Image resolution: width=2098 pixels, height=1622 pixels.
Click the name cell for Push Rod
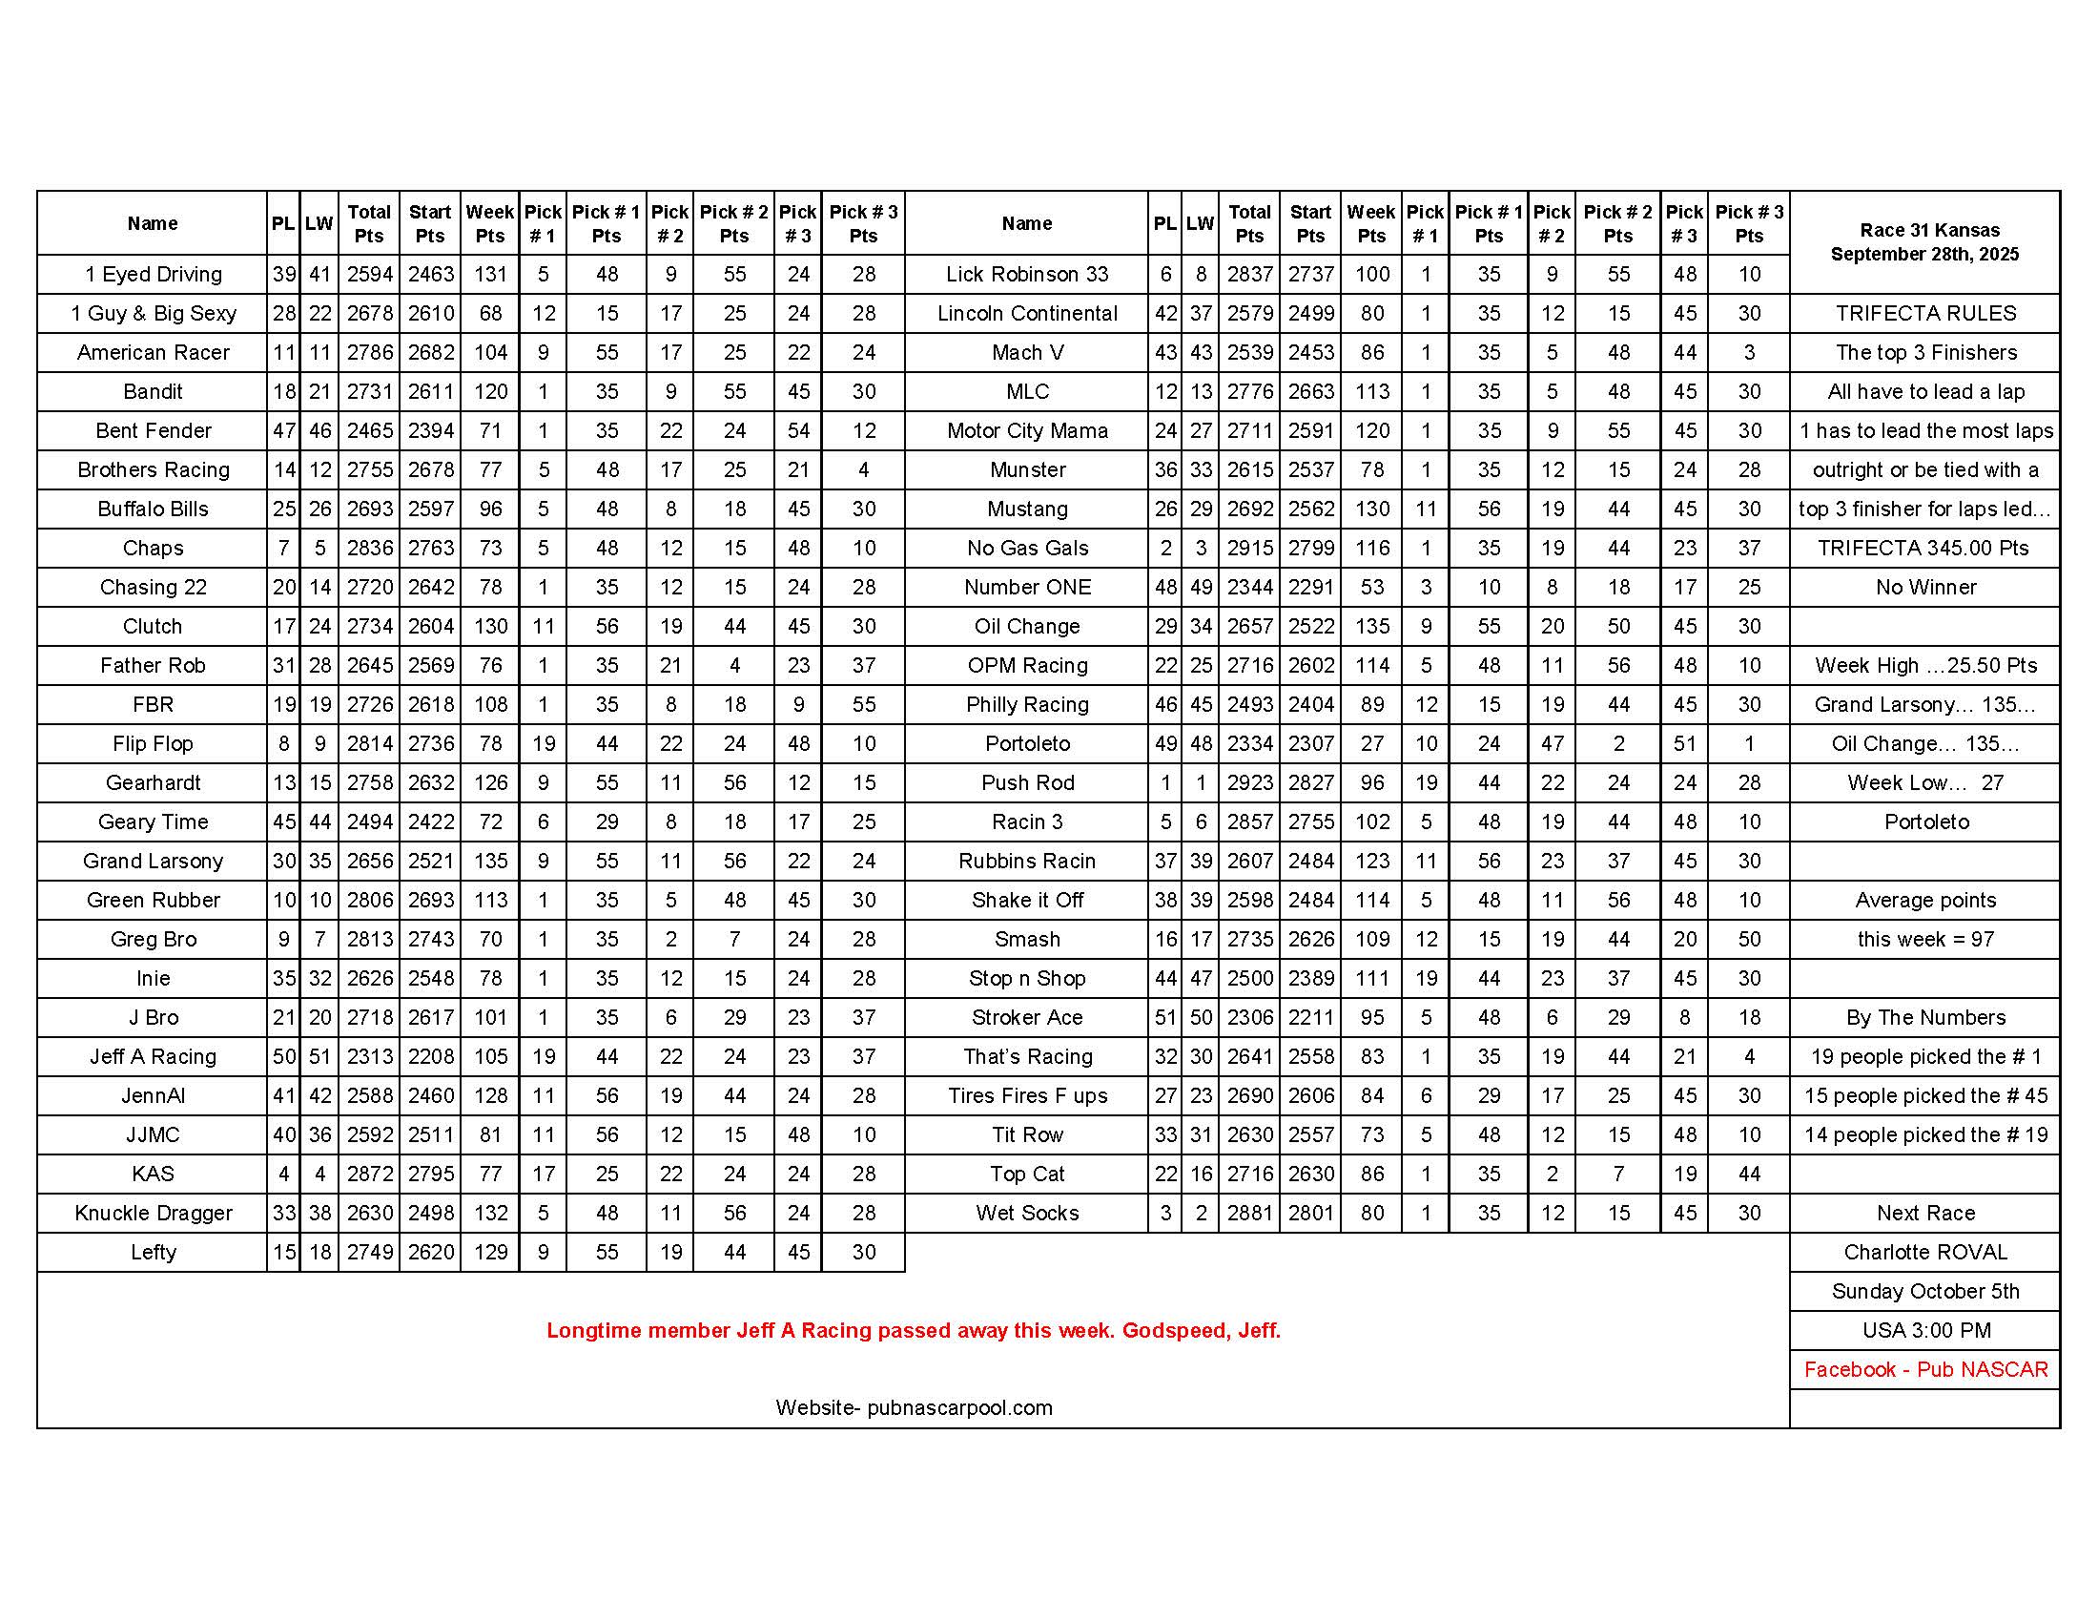pos(1027,783)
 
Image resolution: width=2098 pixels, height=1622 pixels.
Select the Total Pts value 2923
pos(1249,783)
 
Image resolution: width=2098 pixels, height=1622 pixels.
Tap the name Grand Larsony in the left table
pos(153,861)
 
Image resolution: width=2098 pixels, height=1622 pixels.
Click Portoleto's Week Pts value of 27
pos(1370,744)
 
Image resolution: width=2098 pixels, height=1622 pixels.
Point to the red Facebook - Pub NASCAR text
pos(1925,1369)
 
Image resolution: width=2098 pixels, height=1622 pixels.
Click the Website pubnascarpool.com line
pos(914,1407)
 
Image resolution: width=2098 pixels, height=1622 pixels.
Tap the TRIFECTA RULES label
pos(1925,313)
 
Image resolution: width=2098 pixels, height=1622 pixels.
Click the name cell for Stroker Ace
pos(1027,1018)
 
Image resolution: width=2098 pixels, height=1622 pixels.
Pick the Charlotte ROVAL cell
pos(1925,1252)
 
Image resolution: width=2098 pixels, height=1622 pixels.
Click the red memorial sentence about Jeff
pos(914,1331)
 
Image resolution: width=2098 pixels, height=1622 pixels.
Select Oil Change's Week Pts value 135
pos(1370,627)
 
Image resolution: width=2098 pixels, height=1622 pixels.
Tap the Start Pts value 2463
pos(430,275)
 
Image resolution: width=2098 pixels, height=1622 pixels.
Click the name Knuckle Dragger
pos(153,1214)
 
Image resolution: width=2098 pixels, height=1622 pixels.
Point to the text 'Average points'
pos(1925,901)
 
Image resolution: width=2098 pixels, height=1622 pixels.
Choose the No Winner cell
pos(1925,587)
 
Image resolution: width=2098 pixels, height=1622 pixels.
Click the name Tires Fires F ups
pos(1027,1096)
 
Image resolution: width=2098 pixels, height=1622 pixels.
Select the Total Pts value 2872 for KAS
pos(369,1175)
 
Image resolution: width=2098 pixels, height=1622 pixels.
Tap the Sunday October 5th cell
pos(1925,1292)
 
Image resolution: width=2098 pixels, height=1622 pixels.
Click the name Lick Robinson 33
pos(1027,275)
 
